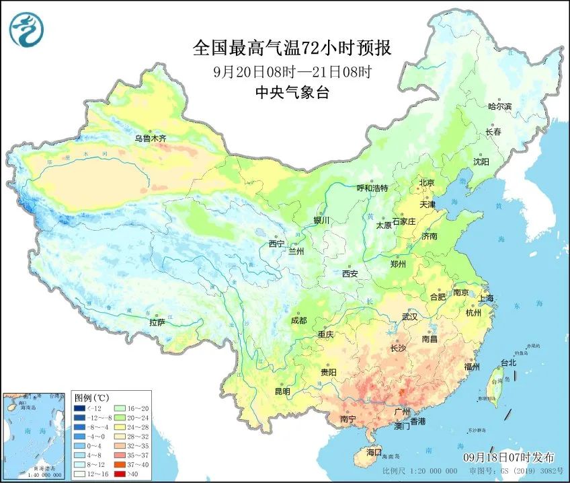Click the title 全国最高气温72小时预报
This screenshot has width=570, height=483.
292,48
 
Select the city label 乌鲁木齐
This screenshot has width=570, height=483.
149,139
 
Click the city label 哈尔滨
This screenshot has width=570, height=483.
499,106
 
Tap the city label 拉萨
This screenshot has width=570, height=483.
157,322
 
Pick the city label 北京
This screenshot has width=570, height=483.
427,182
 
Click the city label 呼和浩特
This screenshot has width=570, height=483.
372,188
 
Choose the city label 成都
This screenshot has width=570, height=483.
298,320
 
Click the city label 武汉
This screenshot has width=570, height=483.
409,316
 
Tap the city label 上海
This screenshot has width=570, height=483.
485,298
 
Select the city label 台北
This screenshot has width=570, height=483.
508,363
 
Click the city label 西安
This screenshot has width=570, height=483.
350,274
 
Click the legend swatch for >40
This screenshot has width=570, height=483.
117,474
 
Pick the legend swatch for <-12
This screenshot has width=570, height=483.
79,408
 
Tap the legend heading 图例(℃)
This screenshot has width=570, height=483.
91,398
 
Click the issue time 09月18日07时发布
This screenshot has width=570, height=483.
509,457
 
